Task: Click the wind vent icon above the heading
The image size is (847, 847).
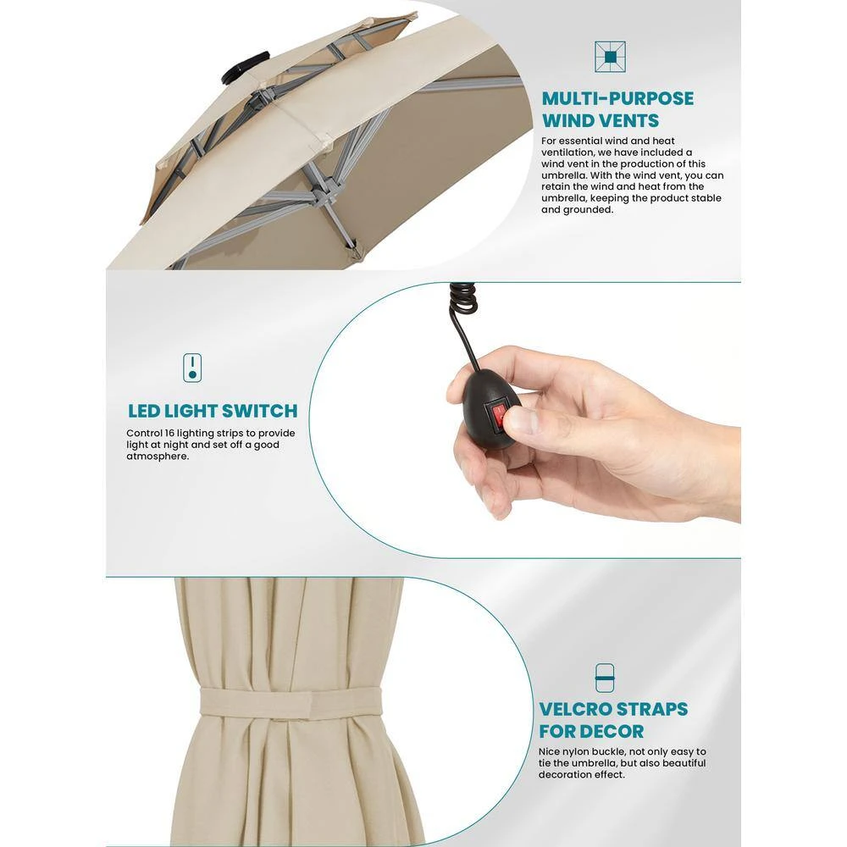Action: coord(610,57)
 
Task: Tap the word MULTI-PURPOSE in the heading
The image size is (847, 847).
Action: coord(617,99)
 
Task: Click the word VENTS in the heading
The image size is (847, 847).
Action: coord(630,120)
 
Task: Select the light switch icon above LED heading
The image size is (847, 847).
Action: coord(192,368)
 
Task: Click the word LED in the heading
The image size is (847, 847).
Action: coord(144,411)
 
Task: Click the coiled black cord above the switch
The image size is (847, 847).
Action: coord(463,301)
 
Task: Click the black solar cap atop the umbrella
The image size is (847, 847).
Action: coord(246,66)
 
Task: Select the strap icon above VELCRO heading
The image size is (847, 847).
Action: coord(605,678)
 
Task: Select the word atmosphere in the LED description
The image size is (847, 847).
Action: coord(158,457)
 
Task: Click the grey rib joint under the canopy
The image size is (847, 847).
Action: coord(321,189)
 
